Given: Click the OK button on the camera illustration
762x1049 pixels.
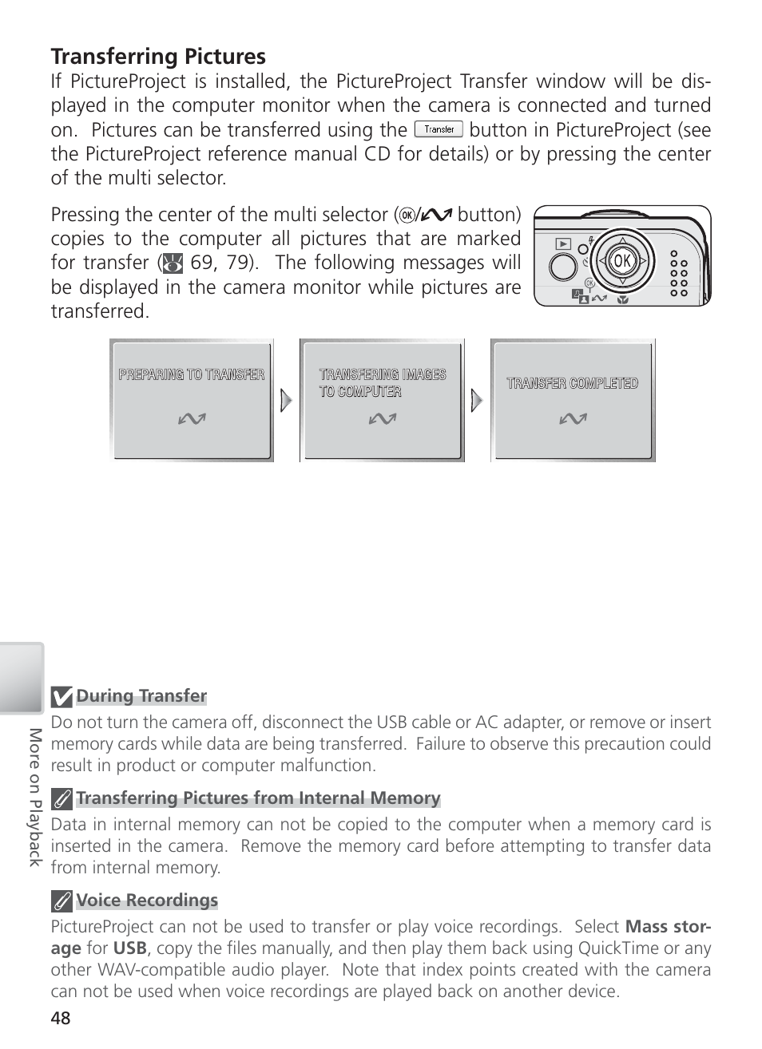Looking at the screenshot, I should click(x=621, y=260).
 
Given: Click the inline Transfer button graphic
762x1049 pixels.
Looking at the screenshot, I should click(x=439, y=129).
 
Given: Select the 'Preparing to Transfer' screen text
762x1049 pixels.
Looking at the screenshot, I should click(x=192, y=374).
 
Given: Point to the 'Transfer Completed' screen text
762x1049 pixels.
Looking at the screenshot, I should click(x=573, y=383).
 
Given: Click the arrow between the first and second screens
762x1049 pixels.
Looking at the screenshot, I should click(x=286, y=400).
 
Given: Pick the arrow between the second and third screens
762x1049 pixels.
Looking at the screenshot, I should click(x=477, y=400).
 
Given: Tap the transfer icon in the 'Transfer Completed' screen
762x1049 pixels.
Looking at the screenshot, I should click(x=573, y=418).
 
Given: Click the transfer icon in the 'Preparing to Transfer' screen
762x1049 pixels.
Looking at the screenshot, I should click(x=192, y=418).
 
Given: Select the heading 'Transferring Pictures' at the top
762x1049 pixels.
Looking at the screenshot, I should click(x=158, y=57).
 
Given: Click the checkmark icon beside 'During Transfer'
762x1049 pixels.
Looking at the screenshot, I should click(x=62, y=697).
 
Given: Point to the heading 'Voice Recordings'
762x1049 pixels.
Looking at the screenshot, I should click(x=147, y=901).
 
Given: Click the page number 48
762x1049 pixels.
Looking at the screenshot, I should click(x=61, y=1018).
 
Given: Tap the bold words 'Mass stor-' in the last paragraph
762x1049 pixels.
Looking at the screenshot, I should click(x=668, y=927).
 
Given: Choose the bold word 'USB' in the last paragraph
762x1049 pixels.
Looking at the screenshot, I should click(x=129, y=948).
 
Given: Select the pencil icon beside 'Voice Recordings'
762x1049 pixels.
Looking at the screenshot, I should click(x=62, y=901).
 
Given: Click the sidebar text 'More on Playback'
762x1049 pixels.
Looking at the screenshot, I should click(x=34, y=796).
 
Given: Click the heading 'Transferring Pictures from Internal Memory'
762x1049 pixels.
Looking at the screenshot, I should click(x=258, y=798).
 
